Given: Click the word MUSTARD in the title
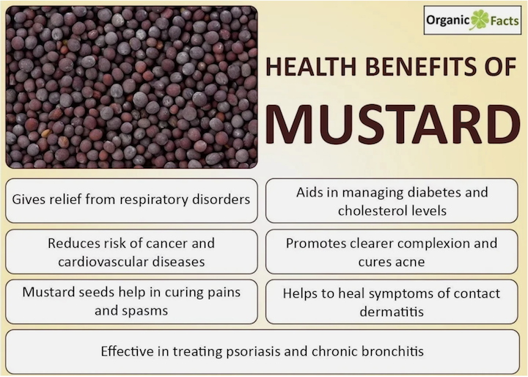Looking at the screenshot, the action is point(393,124).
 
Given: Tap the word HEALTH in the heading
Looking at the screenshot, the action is point(311,66).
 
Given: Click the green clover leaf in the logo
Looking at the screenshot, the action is point(480,20).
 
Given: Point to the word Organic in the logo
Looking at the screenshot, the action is point(448,21).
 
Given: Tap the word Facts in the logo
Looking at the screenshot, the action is point(505,21).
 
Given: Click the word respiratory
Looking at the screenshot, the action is point(153,200).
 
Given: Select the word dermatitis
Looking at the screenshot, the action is point(392,312).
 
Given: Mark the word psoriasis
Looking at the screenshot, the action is point(253,352).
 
